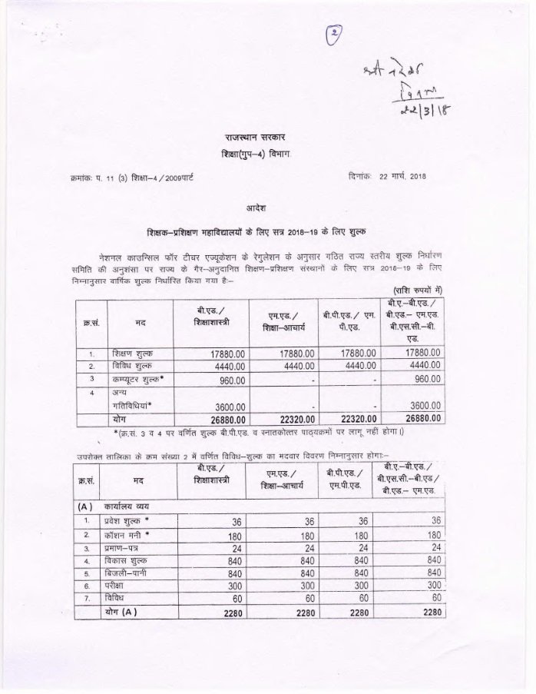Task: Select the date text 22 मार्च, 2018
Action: tap(403, 178)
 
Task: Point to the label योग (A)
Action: tap(124, 613)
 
